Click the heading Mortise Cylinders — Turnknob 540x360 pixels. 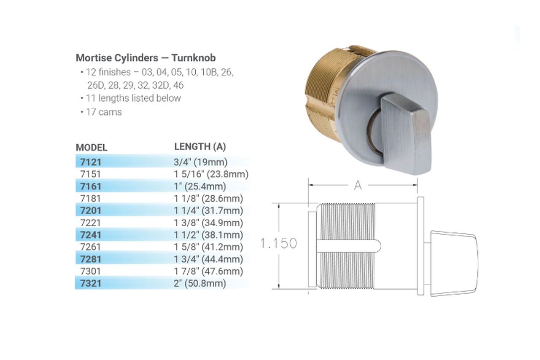tap(146, 58)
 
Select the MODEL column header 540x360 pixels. tap(92, 148)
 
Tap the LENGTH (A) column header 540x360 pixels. tap(200, 146)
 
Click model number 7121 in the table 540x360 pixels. tap(90, 162)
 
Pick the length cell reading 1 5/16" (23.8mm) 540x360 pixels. tap(211, 174)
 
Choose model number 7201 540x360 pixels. tap(90, 211)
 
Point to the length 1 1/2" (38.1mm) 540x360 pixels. tap(208, 235)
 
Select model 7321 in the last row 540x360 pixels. tap(90, 283)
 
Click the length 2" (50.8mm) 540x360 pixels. tap(200, 283)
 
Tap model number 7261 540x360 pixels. tap(90, 247)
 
